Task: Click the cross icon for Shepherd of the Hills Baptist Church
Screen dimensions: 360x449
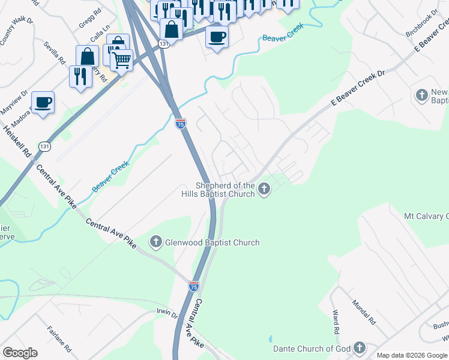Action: pyautogui.click(x=264, y=190)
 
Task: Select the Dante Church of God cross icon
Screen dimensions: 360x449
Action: pyautogui.click(x=360, y=348)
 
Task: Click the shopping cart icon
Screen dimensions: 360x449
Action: pyautogui.click(x=121, y=60)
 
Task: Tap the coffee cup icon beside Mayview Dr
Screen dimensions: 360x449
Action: pyautogui.click(x=43, y=102)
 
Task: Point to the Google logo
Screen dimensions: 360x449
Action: pyautogui.click(x=20, y=353)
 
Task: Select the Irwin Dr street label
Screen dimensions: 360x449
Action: pyautogui.click(x=167, y=314)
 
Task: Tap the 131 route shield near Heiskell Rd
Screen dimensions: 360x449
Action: pyautogui.click(x=44, y=146)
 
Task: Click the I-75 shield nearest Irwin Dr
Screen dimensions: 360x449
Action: pyautogui.click(x=193, y=287)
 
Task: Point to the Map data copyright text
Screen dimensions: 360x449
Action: pyautogui.click(x=412, y=355)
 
